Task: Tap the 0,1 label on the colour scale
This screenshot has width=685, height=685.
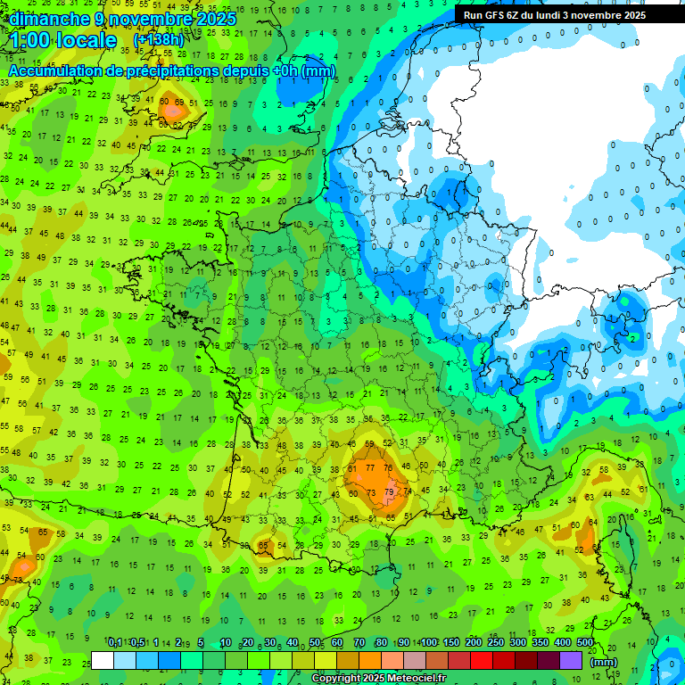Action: point(115,643)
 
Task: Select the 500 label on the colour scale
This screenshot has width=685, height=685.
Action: point(584,643)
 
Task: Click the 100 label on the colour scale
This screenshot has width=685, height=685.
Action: point(429,643)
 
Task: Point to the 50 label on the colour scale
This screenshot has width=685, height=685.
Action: point(315,643)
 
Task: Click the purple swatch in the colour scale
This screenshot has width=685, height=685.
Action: point(571,660)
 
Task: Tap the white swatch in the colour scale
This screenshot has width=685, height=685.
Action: point(103,660)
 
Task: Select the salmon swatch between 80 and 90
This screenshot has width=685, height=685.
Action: point(392,660)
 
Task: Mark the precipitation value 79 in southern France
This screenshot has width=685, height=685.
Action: point(389,491)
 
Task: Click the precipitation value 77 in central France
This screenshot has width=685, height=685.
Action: point(370,467)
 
